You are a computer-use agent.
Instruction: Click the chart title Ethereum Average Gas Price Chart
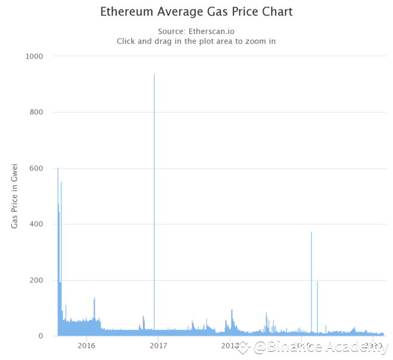[x=196, y=12]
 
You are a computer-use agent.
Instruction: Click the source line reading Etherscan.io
[x=196, y=31]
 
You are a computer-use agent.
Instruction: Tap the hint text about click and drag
[x=196, y=41]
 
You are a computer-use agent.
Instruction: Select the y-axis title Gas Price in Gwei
[x=14, y=195]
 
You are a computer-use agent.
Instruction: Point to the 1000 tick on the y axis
[x=33, y=56]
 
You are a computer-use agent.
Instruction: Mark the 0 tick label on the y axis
[x=41, y=336]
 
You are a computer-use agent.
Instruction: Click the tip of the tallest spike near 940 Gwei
[x=154, y=75]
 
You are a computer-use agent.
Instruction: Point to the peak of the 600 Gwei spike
[x=57, y=169]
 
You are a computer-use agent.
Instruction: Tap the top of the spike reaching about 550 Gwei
[x=61, y=183]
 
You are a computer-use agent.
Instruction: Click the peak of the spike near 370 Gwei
[x=311, y=233]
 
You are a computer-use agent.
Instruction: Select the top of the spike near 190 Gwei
[x=317, y=282]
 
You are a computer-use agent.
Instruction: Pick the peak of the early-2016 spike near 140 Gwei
[x=95, y=298]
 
